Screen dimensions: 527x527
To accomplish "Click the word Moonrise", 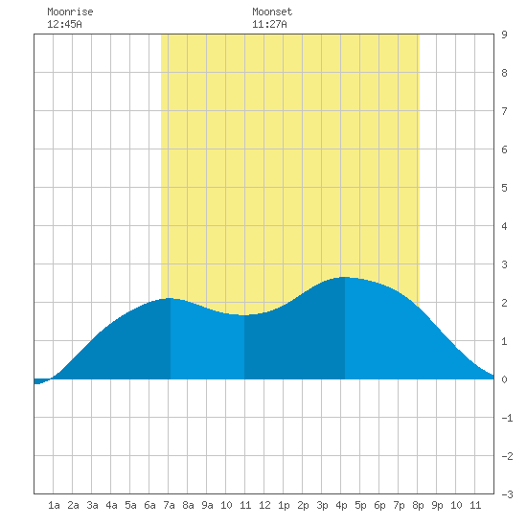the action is coord(70,11).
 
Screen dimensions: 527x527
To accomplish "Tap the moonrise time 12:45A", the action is coord(64,24).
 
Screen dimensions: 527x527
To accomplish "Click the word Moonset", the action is coord(272,11).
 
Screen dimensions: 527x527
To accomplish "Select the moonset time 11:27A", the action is coord(269,24).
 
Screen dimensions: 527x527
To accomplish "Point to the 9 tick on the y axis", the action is coord(504,34).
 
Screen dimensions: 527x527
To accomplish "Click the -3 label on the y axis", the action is coord(507,494).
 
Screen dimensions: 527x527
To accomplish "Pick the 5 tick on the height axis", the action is coord(504,188).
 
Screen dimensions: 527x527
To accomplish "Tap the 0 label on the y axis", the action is coord(504,379).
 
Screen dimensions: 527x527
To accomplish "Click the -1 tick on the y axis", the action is coord(507,418).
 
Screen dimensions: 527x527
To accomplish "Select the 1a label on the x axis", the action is coord(54,505).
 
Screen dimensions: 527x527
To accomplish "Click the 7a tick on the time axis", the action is coord(169,505).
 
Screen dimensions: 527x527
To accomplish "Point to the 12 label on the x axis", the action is coord(264,505).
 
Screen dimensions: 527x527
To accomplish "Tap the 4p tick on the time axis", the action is coord(341,505).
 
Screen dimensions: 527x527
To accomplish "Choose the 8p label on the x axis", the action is coord(418,505).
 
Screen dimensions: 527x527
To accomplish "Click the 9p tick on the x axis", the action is coord(437,505).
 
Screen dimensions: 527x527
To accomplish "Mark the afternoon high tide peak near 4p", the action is coord(345,277).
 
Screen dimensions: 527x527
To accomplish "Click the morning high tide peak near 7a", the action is coord(170,298).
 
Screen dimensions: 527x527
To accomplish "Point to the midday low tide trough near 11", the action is coord(244,315).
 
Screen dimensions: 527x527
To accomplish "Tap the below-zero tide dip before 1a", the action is coord(37,381).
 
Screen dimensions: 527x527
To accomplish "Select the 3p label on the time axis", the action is coord(322,505).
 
